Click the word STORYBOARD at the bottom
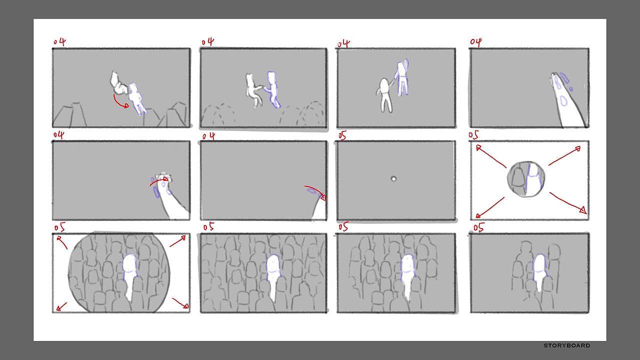click(567, 345)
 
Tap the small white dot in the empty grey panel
click(393, 179)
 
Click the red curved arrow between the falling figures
click(120, 101)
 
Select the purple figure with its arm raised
click(401, 77)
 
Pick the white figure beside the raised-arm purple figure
click(385, 95)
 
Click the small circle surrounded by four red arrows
click(526, 179)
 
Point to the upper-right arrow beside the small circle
click(564, 156)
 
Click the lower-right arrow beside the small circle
click(567, 202)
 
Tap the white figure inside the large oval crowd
click(130, 275)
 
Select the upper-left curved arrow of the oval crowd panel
click(62, 242)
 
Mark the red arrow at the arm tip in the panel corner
click(315, 192)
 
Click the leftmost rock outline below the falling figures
click(70, 114)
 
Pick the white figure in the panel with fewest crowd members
click(539, 272)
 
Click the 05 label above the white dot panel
click(342, 135)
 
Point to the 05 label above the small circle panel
click(473, 135)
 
